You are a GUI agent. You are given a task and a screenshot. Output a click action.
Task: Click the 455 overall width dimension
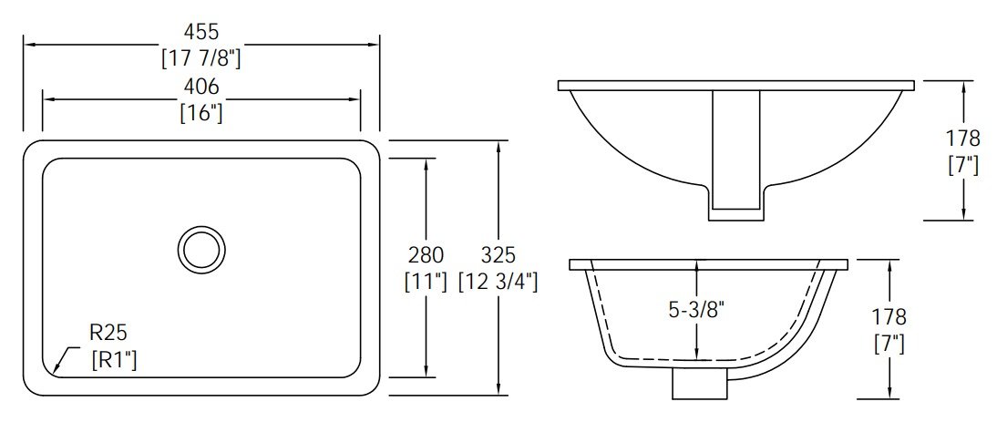pyautogui.click(x=200, y=31)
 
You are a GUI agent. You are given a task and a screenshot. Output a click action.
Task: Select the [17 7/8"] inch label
pyautogui.click(x=200, y=58)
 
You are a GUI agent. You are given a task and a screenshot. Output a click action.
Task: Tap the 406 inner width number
pyautogui.click(x=200, y=87)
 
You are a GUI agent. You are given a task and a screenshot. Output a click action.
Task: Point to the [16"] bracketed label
pyautogui.click(x=200, y=113)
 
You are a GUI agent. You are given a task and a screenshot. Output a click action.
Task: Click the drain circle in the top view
pyautogui.click(x=200, y=249)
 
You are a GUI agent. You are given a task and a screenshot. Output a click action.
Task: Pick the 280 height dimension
pyautogui.click(x=426, y=255)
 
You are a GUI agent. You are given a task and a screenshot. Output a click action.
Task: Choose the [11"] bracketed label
pyautogui.click(x=426, y=282)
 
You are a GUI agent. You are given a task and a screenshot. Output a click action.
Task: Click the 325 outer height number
pyautogui.click(x=498, y=255)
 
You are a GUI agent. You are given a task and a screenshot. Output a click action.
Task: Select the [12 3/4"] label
pyautogui.click(x=498, y=282)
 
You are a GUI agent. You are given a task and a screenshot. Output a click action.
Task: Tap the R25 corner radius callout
pyautogui.click(x=108, y=332)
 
